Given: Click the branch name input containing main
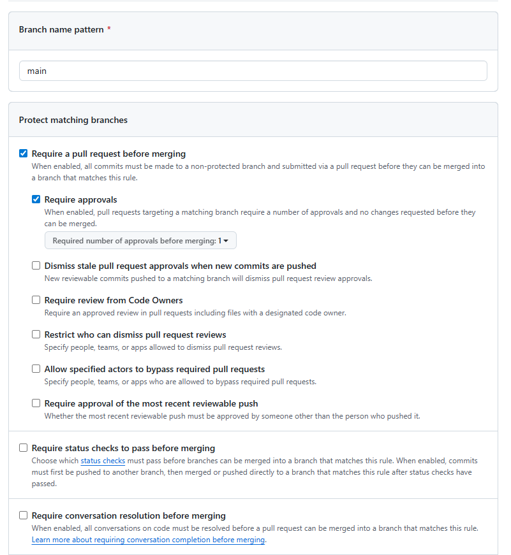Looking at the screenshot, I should [x=253, y=71].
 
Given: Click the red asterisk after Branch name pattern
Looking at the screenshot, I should [x=109, y=29].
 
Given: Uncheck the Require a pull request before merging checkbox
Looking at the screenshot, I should [x=24, y=154].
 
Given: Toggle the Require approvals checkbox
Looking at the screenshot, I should [x=36, y=199].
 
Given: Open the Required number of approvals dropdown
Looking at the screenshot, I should [x=140, y=241].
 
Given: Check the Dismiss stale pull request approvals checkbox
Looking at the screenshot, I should [x=36, y=266].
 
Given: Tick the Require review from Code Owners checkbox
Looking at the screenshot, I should [x=36, y=300].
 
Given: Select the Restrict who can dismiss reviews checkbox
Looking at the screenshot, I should [x=36, y=335].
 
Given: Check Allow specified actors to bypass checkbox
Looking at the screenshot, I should [x=36, y=369].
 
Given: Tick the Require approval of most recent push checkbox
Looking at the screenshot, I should [x=36, y=403].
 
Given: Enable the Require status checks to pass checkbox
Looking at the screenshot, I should [x=24, y=448].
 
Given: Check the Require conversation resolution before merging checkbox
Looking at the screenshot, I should [x=24, y=515].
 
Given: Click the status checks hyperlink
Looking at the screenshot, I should [x=103, y=461].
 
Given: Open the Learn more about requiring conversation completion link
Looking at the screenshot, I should [x=148, y=540].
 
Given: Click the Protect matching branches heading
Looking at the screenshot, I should [x=73, y=120].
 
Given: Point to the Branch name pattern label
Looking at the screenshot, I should [x=61, y=30].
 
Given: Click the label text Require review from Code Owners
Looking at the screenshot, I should [x=114, y=300].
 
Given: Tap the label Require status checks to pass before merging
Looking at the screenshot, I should [x=123, y=448].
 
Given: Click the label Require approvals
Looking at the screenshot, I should [x=81, y=199].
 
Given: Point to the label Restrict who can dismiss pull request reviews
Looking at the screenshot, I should [x=135, y=335].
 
